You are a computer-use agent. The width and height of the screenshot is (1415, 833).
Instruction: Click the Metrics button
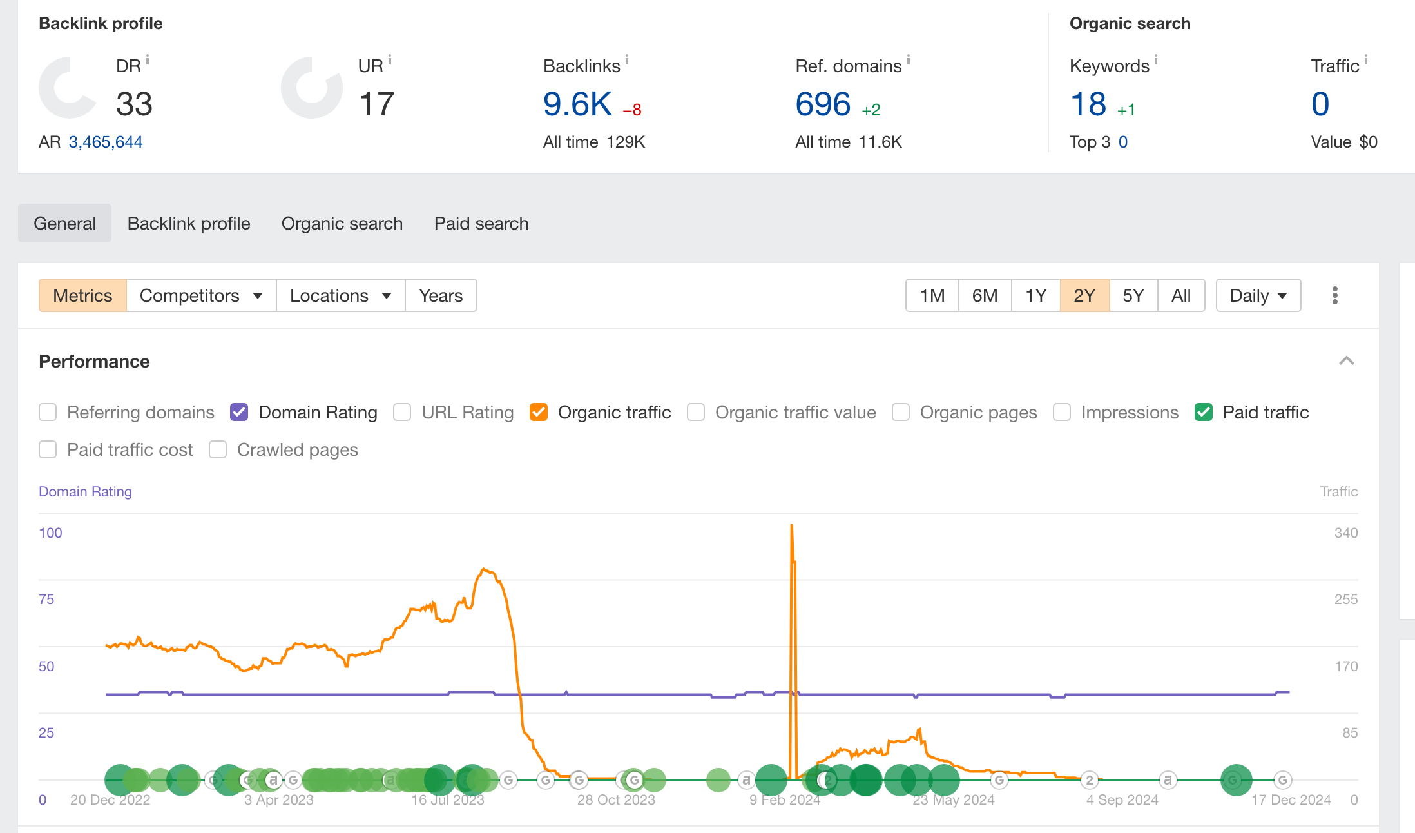[x=82, y=295]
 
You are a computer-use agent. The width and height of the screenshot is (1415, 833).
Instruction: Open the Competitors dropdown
[x=201, y=295]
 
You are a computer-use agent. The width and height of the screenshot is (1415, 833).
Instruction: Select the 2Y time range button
[x=1084, y=295]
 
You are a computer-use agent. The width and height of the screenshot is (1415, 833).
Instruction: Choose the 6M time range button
[x=985, y=295]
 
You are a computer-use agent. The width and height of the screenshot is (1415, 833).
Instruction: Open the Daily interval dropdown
[x=1258, y=295]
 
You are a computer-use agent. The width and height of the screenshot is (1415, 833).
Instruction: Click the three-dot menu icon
[x=1335, y=295]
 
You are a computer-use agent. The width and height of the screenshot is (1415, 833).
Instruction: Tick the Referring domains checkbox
[x=48, y=412]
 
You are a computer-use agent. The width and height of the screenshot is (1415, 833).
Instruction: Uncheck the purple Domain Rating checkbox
[x=239, y=412]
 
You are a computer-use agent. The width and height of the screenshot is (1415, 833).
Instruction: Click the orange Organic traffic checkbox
[x=539, y=412]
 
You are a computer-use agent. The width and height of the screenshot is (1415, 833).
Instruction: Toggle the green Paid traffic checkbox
[x=1204, y=412]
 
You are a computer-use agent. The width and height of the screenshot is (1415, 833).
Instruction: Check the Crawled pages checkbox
[x=218, y=449]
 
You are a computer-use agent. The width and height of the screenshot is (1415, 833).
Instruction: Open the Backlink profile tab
[x=189, y=223]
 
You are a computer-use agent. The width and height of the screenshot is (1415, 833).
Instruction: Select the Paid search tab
[x=481, y=223]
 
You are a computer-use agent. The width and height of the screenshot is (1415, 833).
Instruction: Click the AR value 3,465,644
[x=106, y=142]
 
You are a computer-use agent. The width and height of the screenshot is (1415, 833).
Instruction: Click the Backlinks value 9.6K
[x=577, y=104]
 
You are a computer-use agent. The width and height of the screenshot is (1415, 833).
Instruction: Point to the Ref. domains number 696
[x=823, y=104]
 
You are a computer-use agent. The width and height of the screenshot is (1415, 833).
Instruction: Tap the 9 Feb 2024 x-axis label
[x=785, y=799]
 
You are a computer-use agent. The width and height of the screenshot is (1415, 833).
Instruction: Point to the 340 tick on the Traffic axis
[x=1346, y=533]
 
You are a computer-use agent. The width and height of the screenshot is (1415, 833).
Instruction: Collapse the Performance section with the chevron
[x=1347, y=360]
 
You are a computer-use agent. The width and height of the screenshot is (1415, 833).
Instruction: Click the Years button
[x=441, y=295]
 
